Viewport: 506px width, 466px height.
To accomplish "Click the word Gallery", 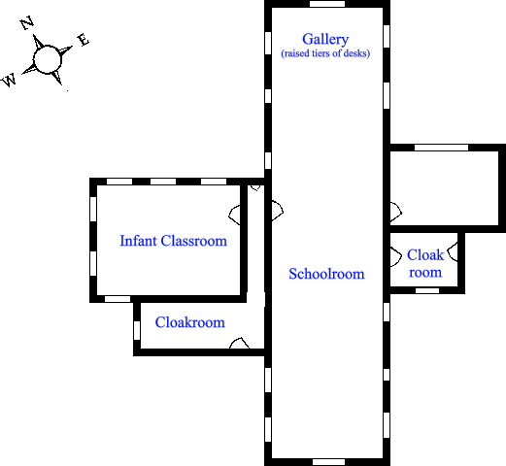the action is pos(325,40).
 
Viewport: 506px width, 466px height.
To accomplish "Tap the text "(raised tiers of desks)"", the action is pos(325,53).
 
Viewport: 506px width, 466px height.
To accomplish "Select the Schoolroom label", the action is pos(326,274).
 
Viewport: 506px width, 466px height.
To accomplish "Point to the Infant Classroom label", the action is pos(173,241).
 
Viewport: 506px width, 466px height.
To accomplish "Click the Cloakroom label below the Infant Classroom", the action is pos(190,322).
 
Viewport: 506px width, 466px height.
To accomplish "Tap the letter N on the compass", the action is pos(27,22).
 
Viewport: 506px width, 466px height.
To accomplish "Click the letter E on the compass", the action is pos(84,40).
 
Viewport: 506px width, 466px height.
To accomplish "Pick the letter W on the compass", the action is pos(9,80).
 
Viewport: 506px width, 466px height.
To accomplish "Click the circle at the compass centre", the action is pos(48,59).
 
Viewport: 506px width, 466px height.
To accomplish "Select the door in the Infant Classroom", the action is pos(234,215).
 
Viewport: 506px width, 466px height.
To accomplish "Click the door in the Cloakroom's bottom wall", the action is pos(240,343).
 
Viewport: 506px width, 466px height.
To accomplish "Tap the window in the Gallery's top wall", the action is pos(327,4).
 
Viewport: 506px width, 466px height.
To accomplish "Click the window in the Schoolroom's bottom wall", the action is pos(328,462).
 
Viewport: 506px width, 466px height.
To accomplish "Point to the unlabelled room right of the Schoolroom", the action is pos(444,188).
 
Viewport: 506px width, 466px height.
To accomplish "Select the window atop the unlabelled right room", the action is pos(441,148).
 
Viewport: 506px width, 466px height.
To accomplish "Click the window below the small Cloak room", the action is pos(427,290).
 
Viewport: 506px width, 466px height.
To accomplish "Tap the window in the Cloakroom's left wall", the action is pos(137,330).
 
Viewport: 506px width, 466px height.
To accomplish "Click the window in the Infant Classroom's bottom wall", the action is pos(118,299).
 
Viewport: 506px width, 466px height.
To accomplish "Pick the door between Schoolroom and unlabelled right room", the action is pos(396,213).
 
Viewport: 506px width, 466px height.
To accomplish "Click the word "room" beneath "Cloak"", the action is pos(425,273).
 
